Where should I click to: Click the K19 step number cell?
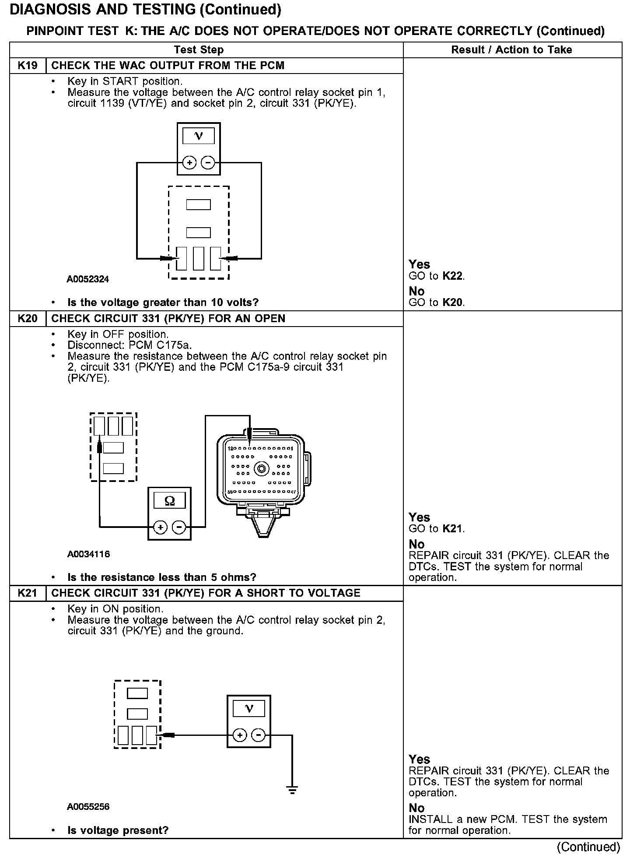click(28, 66)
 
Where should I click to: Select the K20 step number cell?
click(28, 318)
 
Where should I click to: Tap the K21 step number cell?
click(28, 593)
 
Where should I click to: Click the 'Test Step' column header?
click(199, 50)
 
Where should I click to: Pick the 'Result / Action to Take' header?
click(511, 50)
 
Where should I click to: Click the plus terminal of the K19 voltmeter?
click(189, 163)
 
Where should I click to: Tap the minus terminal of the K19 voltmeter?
click(208, 163)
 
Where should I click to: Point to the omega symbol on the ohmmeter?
click(170, 501)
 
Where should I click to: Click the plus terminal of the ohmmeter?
click(161, 527)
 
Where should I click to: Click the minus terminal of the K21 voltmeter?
click(259, 735)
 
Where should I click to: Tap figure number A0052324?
click(87, 279)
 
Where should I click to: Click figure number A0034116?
click(88, 554)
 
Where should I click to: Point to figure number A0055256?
click(88, 807)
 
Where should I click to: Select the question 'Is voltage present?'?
click(118, 830)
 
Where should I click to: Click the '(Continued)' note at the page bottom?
click(589, 847)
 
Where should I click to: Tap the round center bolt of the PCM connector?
click(262, 469)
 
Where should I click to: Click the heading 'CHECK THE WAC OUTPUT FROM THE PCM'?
click(168, 66)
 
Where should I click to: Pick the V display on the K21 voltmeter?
click(249, 709)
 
